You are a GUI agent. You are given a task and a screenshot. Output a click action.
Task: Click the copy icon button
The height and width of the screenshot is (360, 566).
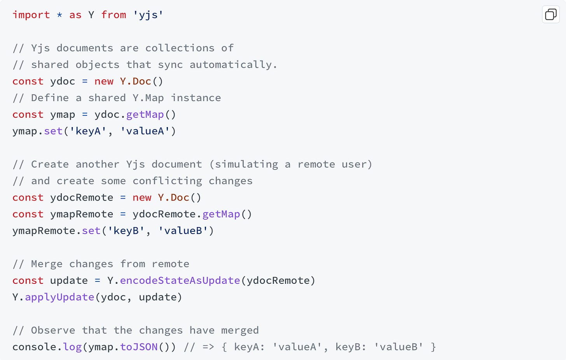[x=550, y=15]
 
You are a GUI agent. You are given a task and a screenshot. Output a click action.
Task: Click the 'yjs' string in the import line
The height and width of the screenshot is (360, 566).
[x=148, y=15]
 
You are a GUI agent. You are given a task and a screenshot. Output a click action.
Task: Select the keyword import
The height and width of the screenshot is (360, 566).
[x=31, y=15]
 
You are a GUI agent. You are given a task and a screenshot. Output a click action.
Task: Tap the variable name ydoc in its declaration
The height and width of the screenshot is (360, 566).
[x=63, y=81]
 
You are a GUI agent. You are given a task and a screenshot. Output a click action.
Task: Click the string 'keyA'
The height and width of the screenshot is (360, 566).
[x=88, y=131]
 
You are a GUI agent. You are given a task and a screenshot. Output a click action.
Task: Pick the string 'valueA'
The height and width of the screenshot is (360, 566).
[x=145, y=131]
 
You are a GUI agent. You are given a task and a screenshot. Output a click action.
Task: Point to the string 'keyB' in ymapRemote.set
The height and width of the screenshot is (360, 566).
[x=126, y=231]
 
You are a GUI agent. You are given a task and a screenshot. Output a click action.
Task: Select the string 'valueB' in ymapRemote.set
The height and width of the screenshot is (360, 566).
[x=183, y=231]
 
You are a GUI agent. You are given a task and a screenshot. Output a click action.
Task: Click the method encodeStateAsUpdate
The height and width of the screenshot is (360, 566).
[x=180, y=280]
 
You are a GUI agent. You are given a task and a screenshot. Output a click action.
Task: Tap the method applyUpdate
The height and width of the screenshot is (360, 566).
[x=59, y=297]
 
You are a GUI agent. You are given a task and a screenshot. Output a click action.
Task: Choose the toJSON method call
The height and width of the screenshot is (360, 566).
[x=139, y=347]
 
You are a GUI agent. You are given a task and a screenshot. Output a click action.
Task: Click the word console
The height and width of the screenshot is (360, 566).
[x=34, y=347]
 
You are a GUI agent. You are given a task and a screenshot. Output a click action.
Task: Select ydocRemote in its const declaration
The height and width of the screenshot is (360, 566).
[x=82, y=197]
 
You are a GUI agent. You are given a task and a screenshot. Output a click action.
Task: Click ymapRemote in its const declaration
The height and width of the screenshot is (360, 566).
[x=82, y=214]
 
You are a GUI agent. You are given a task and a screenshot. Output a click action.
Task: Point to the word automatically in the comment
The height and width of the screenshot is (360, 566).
[x=233, y=65]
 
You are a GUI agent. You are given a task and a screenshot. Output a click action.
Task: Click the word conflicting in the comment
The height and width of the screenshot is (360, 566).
[x=167, y=181]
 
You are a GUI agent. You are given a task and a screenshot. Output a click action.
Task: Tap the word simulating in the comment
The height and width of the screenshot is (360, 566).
[x=246, y=164]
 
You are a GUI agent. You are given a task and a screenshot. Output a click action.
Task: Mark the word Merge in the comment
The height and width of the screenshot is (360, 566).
[x=47, y=264]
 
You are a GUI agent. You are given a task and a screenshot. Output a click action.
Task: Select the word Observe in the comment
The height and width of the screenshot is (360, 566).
[x=53, y=330]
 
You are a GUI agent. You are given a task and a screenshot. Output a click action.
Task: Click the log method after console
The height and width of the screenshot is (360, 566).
[x=72, y=347]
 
